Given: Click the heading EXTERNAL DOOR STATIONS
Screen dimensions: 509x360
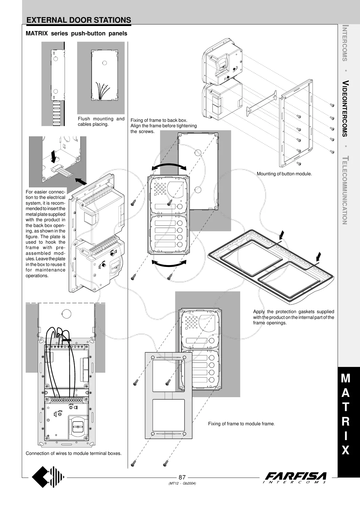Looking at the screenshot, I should [x=79, y=20].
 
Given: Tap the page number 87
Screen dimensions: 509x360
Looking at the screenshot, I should [x=182, y=477].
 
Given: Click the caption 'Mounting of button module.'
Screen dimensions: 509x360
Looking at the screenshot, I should [x=284, y=174].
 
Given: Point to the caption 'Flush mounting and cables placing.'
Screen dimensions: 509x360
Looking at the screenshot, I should [x=101, y=122].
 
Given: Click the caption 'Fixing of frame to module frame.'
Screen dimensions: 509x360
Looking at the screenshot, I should [x=241, y=424].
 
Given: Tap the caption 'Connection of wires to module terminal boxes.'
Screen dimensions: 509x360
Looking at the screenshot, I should [x=74, y=453].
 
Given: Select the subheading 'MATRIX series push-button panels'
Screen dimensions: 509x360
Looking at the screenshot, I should [x=77, y=34].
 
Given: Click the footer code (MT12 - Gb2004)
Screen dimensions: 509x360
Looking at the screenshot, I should [x=182, y=483].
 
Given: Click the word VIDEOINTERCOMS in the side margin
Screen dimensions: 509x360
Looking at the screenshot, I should [x=345, y=108].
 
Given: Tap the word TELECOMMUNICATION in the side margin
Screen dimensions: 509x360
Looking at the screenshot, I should [x=345, y=190].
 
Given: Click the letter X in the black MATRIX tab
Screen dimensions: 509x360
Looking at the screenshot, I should [x=345, y=451].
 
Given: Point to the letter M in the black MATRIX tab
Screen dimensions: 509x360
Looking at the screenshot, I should [x=345, y=378].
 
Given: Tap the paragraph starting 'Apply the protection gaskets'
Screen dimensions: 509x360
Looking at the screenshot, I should [x=293, y=317].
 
